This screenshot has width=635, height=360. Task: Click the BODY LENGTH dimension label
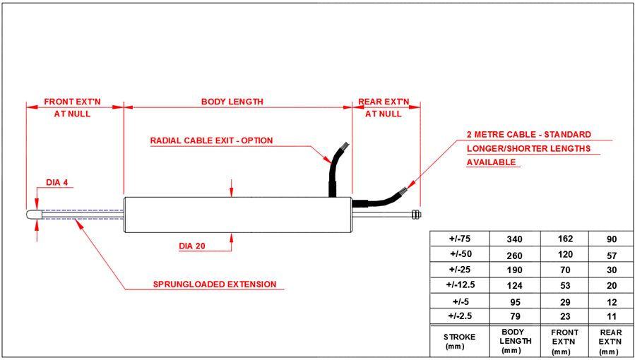coord(232,102)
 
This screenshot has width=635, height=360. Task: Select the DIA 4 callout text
coord(57,183)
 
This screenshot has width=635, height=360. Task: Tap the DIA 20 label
coord(193,246)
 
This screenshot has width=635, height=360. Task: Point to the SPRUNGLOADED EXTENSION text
coord(215,285)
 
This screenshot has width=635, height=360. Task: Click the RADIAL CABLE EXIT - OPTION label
coord(211,140)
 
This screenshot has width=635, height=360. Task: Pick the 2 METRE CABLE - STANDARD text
coord(528,134)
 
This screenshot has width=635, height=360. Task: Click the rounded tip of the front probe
coord(32,214)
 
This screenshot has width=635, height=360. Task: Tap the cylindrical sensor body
coord(237,215)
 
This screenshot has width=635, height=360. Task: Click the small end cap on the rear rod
coord(417,214)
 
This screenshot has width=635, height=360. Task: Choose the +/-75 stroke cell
coord(460,239)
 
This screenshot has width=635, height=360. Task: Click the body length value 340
coord(514,239)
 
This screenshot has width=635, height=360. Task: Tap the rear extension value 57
coord(612,254)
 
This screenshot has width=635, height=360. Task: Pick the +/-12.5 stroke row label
coord(460,284)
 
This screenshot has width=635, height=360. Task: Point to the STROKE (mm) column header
coord(459,341)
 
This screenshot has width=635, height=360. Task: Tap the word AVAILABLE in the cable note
coord(492,162)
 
